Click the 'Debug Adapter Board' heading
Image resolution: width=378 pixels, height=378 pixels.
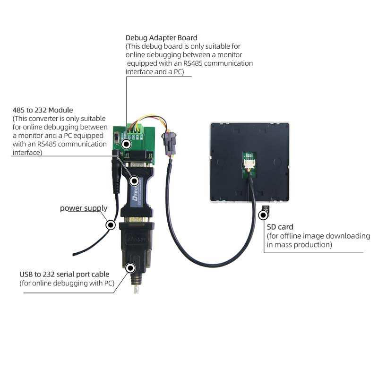[x=161, y=37]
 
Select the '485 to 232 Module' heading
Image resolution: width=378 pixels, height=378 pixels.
[x=43, y=110]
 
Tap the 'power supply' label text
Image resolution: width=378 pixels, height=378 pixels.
[x=83, y=208]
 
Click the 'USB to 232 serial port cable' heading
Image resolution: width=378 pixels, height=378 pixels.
[x=64, y=274]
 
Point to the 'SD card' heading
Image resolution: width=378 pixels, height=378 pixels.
[x=280, y=227]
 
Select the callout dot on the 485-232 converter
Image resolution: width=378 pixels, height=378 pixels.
[x=134, y=180]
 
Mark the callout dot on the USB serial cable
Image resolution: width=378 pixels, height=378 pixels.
[x=131, y=268]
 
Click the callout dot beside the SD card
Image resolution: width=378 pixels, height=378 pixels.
[x=263, y=215]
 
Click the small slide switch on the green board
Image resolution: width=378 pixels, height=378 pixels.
[x=118, y=137]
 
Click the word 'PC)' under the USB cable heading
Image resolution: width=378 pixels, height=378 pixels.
[x=110, y=283]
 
